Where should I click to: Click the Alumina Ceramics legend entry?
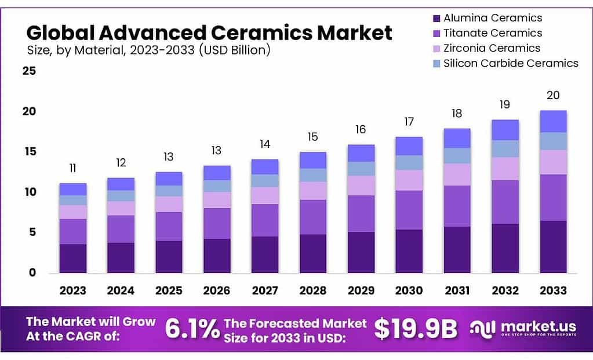pyautogui.click(x=493, y=18)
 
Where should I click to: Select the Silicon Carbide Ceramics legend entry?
pyautogui.click(x=510, y=63)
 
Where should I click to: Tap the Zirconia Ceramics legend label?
pyautogui.click(x=492, y=48)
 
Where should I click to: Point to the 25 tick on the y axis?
pyautogui.click(x=29, y=71)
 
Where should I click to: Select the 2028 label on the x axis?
pyautogui.click(x=312, y=290)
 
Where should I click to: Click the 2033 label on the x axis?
pyautogui.click(x=553, y=290)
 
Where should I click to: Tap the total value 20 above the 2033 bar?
pyautogui.click(x=553, y=96)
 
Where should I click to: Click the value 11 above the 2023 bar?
pyautogui.click(x=72, y=169)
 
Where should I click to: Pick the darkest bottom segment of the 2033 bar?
pyautogui.click(x=553, y=246)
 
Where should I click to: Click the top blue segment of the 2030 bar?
pyautogui.click(x=409, y=146)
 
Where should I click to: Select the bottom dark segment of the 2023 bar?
pyautogui.click(x=72, y=258)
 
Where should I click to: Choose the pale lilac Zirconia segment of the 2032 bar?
pyautogui.click(x=505, y=169)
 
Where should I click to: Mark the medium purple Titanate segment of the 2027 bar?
pyautogui.click(x=264, y=220)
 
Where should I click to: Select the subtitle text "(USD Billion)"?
pyautogui.click(x=234, y=50)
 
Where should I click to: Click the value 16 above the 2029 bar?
pyautogui.click(x=361, y=129)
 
